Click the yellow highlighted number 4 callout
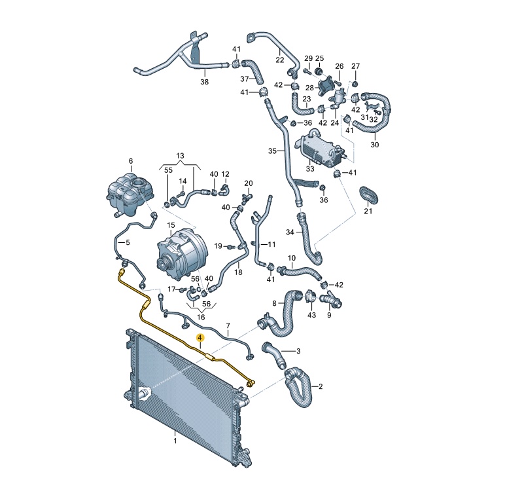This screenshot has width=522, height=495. pyautogui.click(x=200, y=338)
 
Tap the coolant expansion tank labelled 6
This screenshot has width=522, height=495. pyautogui.click(x=130, y=195)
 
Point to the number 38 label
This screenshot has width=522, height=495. pyautogui.click(x=204, y=82)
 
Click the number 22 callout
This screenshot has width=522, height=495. pyautogui.click(x=280, y=60)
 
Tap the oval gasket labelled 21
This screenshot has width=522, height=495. pyautogui.click(x=369, y=195)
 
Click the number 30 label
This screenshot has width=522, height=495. pyautogui.click(x=375, y=145)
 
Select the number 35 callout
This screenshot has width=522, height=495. pyautogui.click(x=272, y=151)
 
